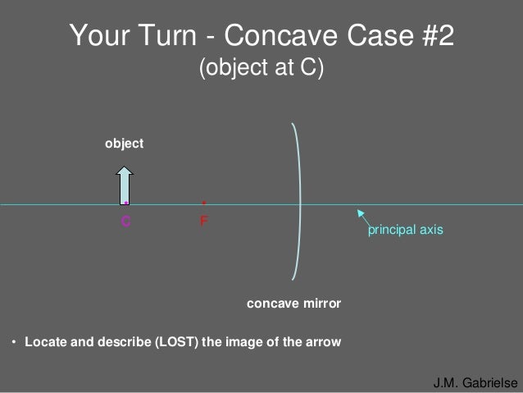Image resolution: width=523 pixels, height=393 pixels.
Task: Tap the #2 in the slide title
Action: [430, 37]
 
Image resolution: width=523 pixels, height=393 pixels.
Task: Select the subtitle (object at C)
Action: [261, 69]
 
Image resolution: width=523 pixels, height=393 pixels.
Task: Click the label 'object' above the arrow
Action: [125, 144]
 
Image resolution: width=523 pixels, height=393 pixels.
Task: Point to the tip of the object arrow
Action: [125, 167]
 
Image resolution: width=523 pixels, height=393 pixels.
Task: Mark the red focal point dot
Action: [204, 202]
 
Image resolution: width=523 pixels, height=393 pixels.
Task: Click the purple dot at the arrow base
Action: [126, 203]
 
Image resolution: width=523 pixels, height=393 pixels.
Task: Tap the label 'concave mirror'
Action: [293, 304]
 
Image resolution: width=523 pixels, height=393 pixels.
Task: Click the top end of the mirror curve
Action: [292, 124]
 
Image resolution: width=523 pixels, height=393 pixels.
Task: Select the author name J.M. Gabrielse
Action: [475, 383]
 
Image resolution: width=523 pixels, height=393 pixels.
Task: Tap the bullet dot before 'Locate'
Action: [14, 342]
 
